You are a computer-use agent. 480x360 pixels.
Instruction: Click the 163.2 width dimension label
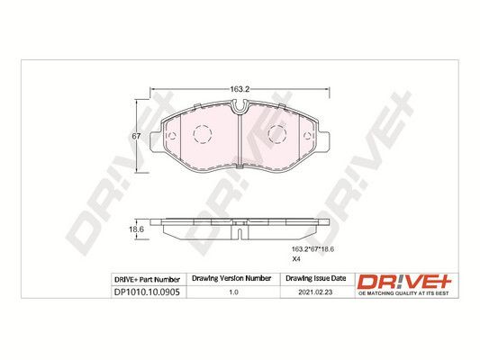(240, 89)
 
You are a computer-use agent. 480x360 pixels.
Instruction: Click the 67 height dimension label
(136, 137)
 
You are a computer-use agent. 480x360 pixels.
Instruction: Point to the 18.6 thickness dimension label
(136, 229)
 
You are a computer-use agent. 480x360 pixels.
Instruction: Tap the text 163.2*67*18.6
(313, 249)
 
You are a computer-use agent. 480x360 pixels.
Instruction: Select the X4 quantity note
(296, 259)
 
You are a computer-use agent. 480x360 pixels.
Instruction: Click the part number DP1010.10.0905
(146, 292)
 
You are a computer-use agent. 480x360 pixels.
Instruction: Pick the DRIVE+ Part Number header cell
(147, 280)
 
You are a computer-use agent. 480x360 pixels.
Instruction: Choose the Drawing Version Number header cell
(231, 278)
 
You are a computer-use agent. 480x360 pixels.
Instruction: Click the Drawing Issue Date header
(315, 278)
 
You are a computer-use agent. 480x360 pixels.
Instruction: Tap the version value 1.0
(233, 292)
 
